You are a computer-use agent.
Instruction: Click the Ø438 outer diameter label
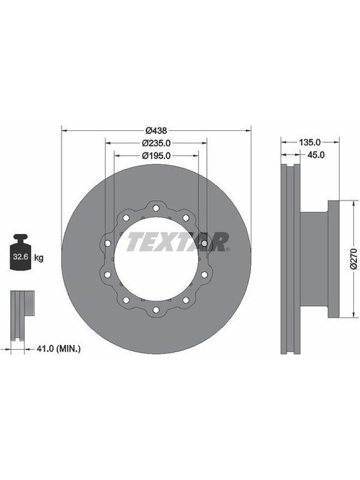156,130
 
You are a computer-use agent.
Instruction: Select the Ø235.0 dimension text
156,143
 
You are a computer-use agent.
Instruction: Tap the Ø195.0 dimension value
156,156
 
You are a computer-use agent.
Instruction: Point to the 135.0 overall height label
310,142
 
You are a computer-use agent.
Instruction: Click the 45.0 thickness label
316,155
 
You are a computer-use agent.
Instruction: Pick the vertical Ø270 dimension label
354,259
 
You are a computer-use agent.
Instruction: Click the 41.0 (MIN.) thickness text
58,349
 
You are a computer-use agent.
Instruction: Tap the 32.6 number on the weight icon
20,257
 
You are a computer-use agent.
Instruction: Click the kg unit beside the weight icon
38,258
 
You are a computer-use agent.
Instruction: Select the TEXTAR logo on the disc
178,242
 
